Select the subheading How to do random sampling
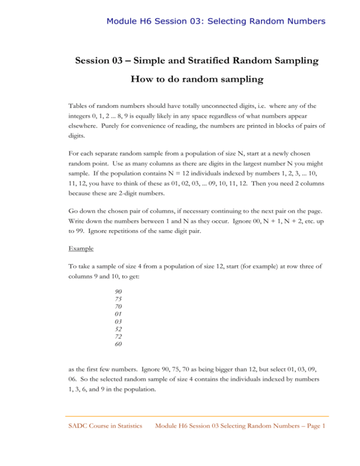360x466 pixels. [180, 92]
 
